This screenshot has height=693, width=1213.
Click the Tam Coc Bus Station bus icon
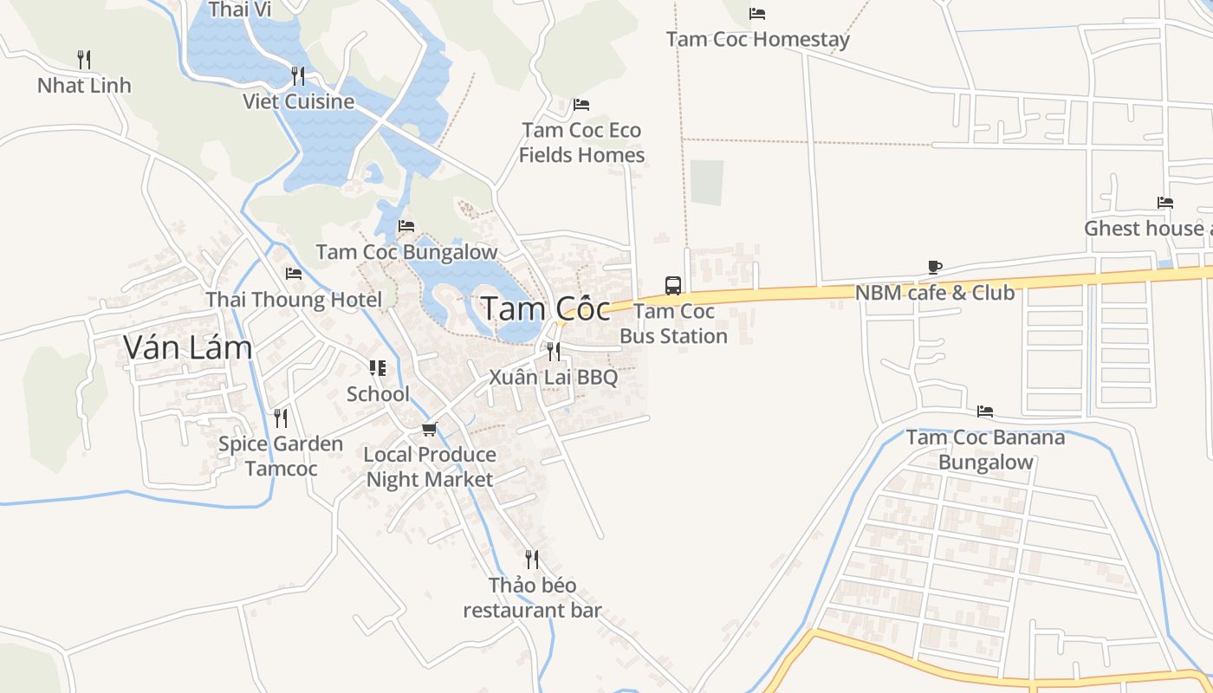click(x=673, y=285)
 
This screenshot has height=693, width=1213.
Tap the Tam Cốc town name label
click(x=545, y=308)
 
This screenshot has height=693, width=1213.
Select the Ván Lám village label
click(x=187, y=347)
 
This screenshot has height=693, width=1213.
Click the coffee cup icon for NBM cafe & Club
click(x=934, y=268)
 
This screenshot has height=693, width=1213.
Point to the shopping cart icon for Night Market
click(x=429, y=430)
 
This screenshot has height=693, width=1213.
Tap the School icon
click(x=377, y=369)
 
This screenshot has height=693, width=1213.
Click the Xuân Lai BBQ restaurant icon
click(x=553, y=352)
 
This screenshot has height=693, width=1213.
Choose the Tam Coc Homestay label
click(x=757, y=39)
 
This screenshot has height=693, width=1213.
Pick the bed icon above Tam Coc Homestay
click(x=756, y=14)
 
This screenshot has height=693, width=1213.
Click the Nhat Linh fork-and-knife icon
click(x=84, y=60)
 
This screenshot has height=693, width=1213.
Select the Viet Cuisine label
click(x=298, y=101)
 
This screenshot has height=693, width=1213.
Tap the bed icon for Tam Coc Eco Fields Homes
click(x=581, y=106)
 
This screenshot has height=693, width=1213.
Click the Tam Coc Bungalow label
click(x=406, y=252)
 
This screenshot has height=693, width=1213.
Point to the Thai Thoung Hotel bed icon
click(x=294, y=275)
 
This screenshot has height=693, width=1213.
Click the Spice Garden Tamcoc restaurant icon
click(x=281, y=418)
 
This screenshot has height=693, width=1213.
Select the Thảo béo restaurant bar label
click(x=532, y=598)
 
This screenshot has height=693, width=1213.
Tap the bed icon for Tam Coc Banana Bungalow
click(x=985, y=411)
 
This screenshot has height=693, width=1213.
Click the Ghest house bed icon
click(x=1165, y=204)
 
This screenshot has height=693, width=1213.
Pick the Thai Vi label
click(x=240, y=10)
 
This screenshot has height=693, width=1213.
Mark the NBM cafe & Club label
click(x=934, y=293)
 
